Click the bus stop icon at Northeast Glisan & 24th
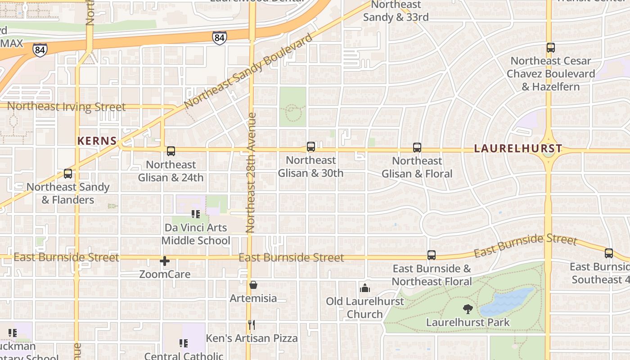171,151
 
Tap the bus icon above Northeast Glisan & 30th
310,147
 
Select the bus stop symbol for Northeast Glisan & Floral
417,148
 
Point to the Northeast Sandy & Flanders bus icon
68,174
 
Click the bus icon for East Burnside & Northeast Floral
432,255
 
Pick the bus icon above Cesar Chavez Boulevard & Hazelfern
550,48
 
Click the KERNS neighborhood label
97,141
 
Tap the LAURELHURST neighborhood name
518,148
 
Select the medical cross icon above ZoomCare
165,261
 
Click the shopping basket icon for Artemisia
253,285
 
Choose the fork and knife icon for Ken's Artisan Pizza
252,324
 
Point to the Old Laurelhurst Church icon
365,288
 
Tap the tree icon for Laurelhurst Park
468,309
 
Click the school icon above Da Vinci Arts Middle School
195,214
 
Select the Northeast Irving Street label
67,107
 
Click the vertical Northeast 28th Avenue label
251,173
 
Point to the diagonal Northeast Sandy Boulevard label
248,71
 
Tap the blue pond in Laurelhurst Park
508,302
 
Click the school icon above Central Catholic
184,343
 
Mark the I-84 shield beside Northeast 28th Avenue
219,38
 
